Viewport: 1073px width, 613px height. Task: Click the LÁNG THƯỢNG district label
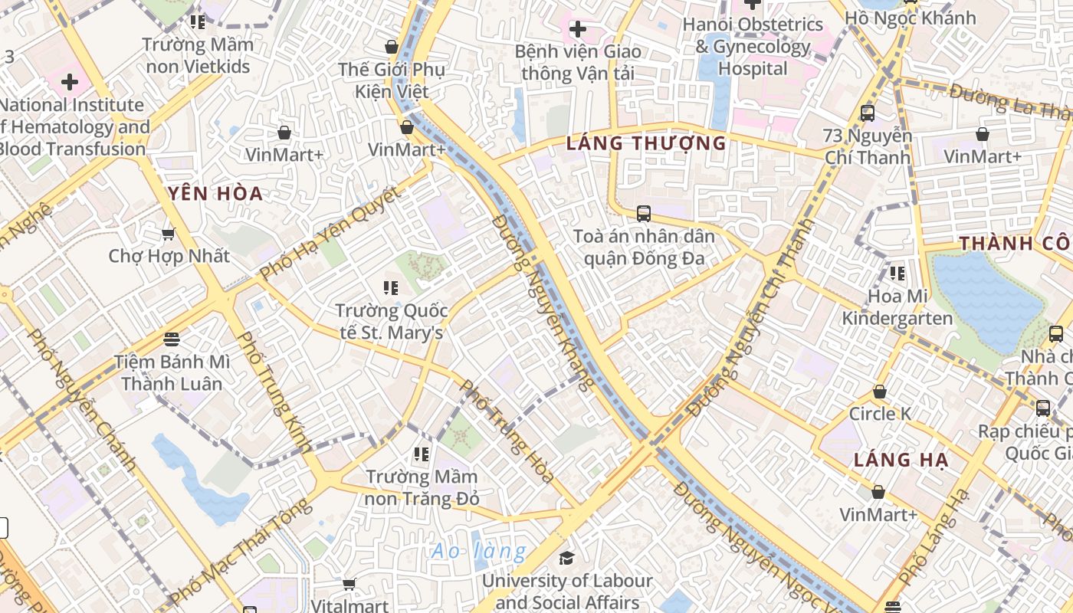tap(646, 143)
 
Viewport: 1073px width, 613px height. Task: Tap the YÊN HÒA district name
tap(215, 194)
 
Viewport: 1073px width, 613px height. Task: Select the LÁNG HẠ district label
tap(901, 461)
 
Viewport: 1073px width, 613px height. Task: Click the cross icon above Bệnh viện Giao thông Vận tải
tap(577, 30)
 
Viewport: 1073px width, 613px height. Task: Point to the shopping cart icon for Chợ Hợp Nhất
tap(169, 234)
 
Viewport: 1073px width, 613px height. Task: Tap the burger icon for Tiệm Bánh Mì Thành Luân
tap(172, 339)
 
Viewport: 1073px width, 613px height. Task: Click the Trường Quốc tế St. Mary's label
tap(391, 322)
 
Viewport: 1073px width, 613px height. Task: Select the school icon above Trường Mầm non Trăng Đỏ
tap(421, 454)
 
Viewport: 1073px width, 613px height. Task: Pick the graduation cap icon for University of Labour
tap(566, 558)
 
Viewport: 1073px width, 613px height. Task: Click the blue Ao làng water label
tap(478, 551)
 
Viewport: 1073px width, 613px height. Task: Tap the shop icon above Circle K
tap(879, 392)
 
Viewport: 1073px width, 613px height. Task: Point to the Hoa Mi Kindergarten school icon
tap(897, 274)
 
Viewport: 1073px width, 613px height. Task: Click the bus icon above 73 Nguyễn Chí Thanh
tap(867, 113)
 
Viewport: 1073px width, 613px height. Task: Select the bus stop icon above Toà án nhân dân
tap(643, 214)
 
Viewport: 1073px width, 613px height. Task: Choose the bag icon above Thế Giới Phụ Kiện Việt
tap(391, 47)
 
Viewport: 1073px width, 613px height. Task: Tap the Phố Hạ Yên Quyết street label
tap(330, 234)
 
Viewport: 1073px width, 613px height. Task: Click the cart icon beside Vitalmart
tap(349, 585)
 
